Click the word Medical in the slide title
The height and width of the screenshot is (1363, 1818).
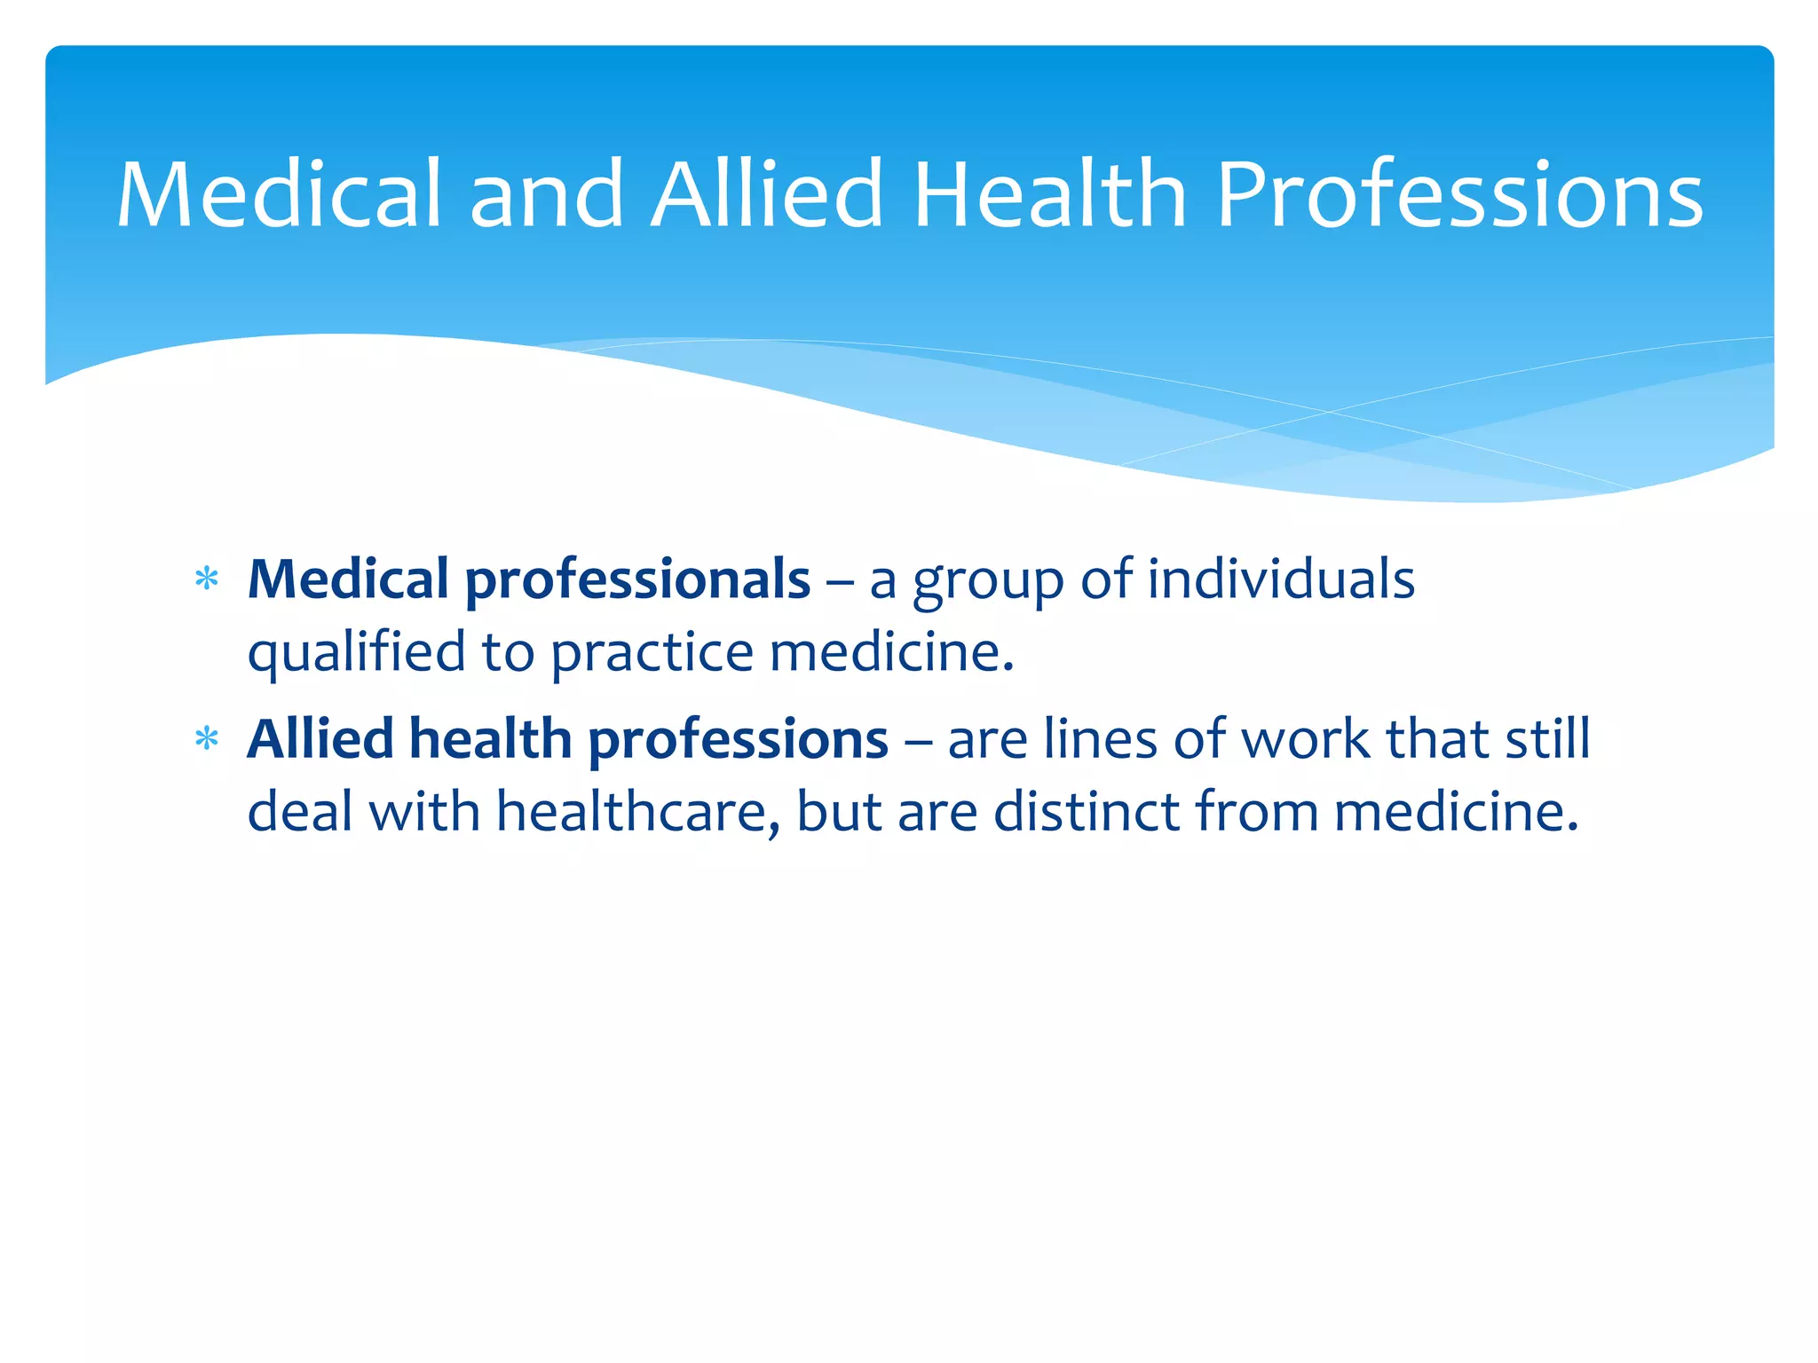(278, 193)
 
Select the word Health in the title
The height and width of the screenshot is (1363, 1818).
(1049, 193)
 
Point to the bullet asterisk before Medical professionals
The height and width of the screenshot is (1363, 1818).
(207, 579)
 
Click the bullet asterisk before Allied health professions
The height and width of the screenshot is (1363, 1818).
(207, 739)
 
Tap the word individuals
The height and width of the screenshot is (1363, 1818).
(1280, 579)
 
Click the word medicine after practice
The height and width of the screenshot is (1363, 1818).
(891, 652)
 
